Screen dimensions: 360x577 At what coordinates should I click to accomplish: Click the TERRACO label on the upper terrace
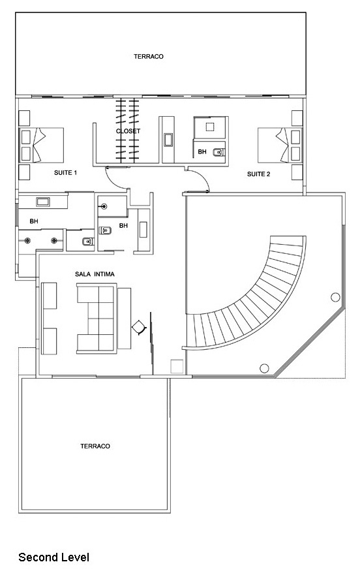149,56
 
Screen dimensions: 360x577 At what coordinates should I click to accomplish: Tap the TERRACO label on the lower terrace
95,446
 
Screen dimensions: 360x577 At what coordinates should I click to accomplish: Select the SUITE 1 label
65,172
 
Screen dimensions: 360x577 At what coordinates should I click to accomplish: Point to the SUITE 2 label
258,174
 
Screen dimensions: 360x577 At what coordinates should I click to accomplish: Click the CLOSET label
128,131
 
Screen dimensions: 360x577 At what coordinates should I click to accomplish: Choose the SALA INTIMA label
95,274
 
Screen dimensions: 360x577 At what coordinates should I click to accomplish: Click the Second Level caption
54,557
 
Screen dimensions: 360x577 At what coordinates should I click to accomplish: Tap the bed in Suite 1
41,145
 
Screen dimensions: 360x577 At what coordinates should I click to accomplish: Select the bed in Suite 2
280,145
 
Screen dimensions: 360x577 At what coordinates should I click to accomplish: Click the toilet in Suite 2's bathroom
218,151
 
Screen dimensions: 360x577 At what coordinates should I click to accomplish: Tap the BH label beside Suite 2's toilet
202,151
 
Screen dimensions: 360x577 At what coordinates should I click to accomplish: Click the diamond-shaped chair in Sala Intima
139,327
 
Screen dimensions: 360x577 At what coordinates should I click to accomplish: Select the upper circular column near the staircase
335,297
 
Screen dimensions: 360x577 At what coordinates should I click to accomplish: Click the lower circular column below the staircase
264,368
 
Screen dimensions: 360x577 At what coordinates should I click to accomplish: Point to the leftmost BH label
34,221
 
